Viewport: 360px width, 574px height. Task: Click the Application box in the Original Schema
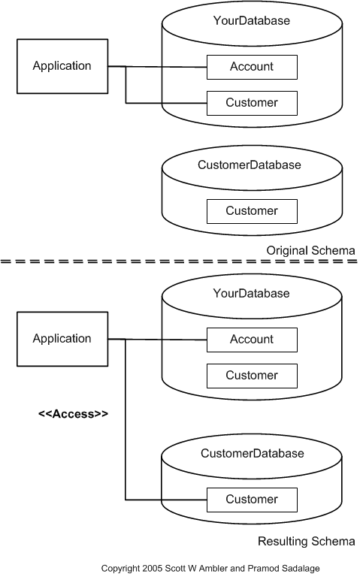click(x=62, y=66)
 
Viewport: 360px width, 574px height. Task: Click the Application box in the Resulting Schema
click(x=62, y=339)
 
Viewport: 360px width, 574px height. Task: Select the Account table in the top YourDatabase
click(x=252, y=67)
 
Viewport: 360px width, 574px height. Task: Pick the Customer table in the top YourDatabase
click(x=252, y=103)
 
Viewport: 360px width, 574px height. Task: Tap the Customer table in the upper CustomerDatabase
click(x=252, y=211)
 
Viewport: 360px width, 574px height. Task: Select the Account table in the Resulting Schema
click(x=252, y=340)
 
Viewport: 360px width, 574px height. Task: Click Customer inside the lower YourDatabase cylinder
click(x=252, y=376)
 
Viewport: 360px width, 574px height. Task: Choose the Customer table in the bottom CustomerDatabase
click(x=252, y=500)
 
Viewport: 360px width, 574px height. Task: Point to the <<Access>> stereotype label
click(x=73, y=413)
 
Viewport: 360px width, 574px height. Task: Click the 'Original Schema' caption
click(x=310, y=250)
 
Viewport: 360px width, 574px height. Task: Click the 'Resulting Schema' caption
click(x=306, y=541)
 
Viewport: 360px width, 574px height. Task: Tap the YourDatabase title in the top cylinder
click(x=252, y=21)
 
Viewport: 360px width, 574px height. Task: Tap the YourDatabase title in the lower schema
click(x=252, y=294)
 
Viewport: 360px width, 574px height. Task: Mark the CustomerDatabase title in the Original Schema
click(x=249, y=165)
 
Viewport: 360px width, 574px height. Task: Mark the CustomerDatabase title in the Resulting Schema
click(x=252, y=454)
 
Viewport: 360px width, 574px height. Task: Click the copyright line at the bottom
click(x=210, y=568)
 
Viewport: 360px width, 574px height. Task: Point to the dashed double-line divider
click(x=180, y=261)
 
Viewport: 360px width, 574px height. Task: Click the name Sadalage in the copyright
click(x=298, y=568)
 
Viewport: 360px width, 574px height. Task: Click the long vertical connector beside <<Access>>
click(x=126, y=421)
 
